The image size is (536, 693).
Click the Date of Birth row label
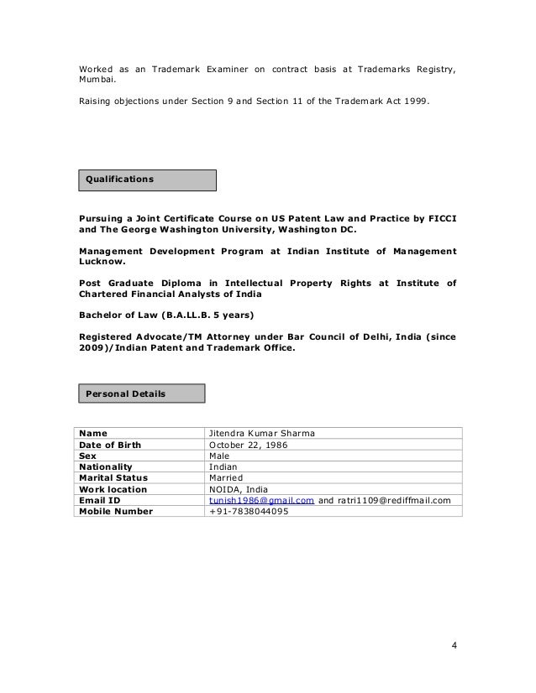click(x=110, y=445)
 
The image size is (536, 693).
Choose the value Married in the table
click(x=226, y=477)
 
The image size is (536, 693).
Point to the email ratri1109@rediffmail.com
click(x=393, y=500)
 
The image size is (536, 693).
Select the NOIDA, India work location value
click(x=239, y=489)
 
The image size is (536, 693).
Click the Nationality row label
click(x=106, y=466)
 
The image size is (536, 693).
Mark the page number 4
click(x=455, y=645)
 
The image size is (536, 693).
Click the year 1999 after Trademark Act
click(x=414, y=102)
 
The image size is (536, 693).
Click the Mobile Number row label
click(x=116, y=511)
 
